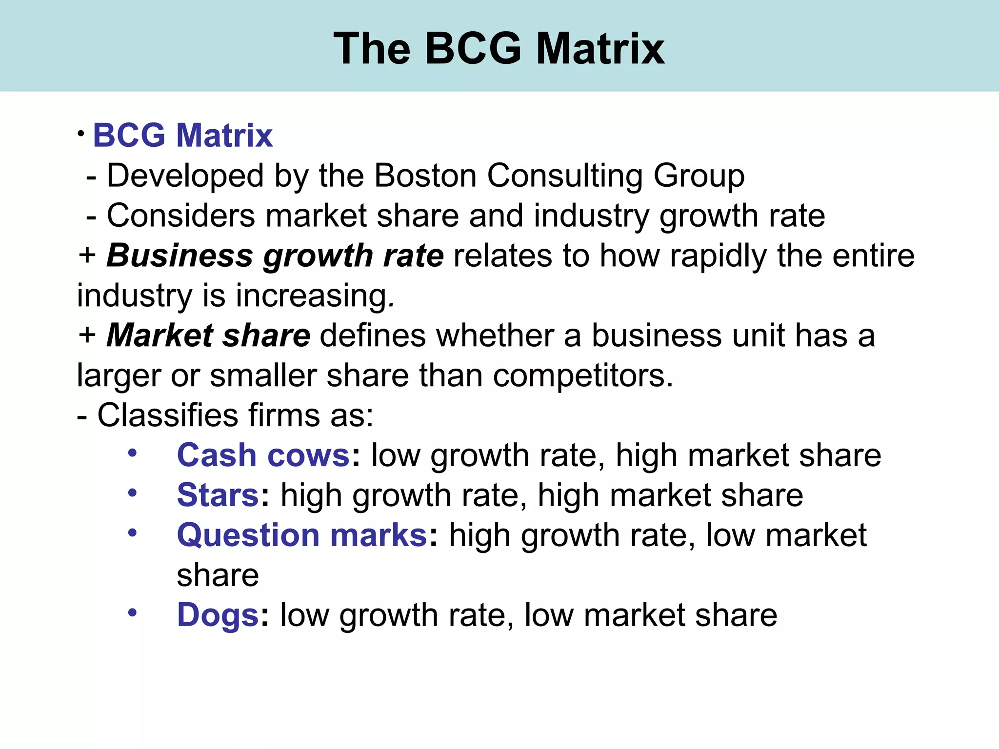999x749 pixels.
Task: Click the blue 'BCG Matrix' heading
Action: pos(182,135)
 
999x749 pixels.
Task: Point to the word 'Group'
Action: pos(699,176)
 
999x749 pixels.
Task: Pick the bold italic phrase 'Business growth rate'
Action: pos(275,256)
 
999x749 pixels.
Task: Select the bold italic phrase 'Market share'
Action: pos(208,336)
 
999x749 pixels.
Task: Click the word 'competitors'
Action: pos(582,376)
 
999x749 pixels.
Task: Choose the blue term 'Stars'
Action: pos(218,495)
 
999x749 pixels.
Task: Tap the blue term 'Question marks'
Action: pos(302,535)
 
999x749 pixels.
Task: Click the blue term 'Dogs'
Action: pos(218,615)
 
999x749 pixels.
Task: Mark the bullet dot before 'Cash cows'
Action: pos(132,453)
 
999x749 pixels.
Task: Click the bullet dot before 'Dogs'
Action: pos(132,612)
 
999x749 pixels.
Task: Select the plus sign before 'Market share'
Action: pos(87,335)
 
